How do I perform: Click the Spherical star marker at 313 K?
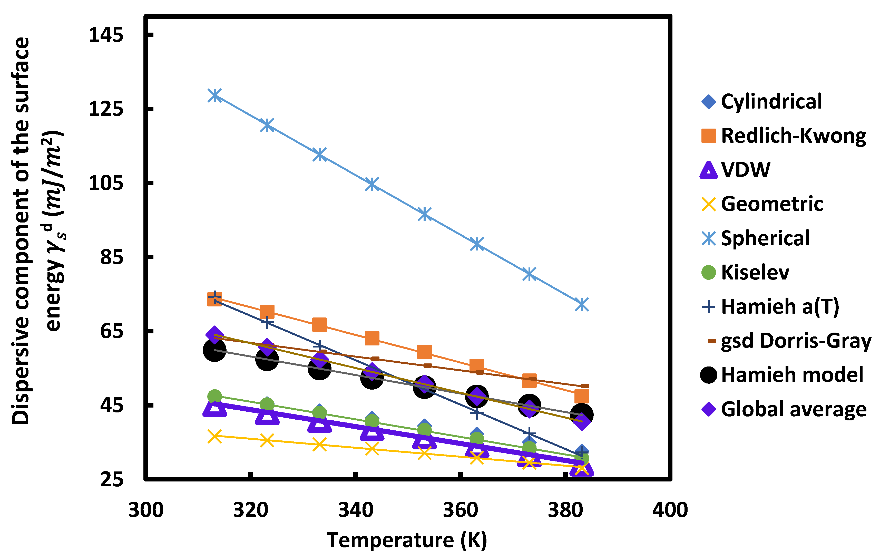[214, 96]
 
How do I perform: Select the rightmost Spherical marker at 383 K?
[581, 304]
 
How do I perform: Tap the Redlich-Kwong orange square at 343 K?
[372, 338]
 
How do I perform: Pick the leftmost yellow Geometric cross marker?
[214, 436]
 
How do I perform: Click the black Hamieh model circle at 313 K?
[214, 350]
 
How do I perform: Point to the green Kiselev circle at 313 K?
[214, 397]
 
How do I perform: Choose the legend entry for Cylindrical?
[771, 102]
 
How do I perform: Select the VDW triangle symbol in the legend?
[708, 170]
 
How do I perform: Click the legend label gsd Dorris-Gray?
[796, 341]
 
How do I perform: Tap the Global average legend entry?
[793, 409]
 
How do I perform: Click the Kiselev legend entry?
[755, 272]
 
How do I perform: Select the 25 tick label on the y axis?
[111, 479]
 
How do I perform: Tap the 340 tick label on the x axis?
[356, 510]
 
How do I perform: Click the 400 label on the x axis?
[670, 510]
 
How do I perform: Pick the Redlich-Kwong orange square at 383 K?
[581, 396]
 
